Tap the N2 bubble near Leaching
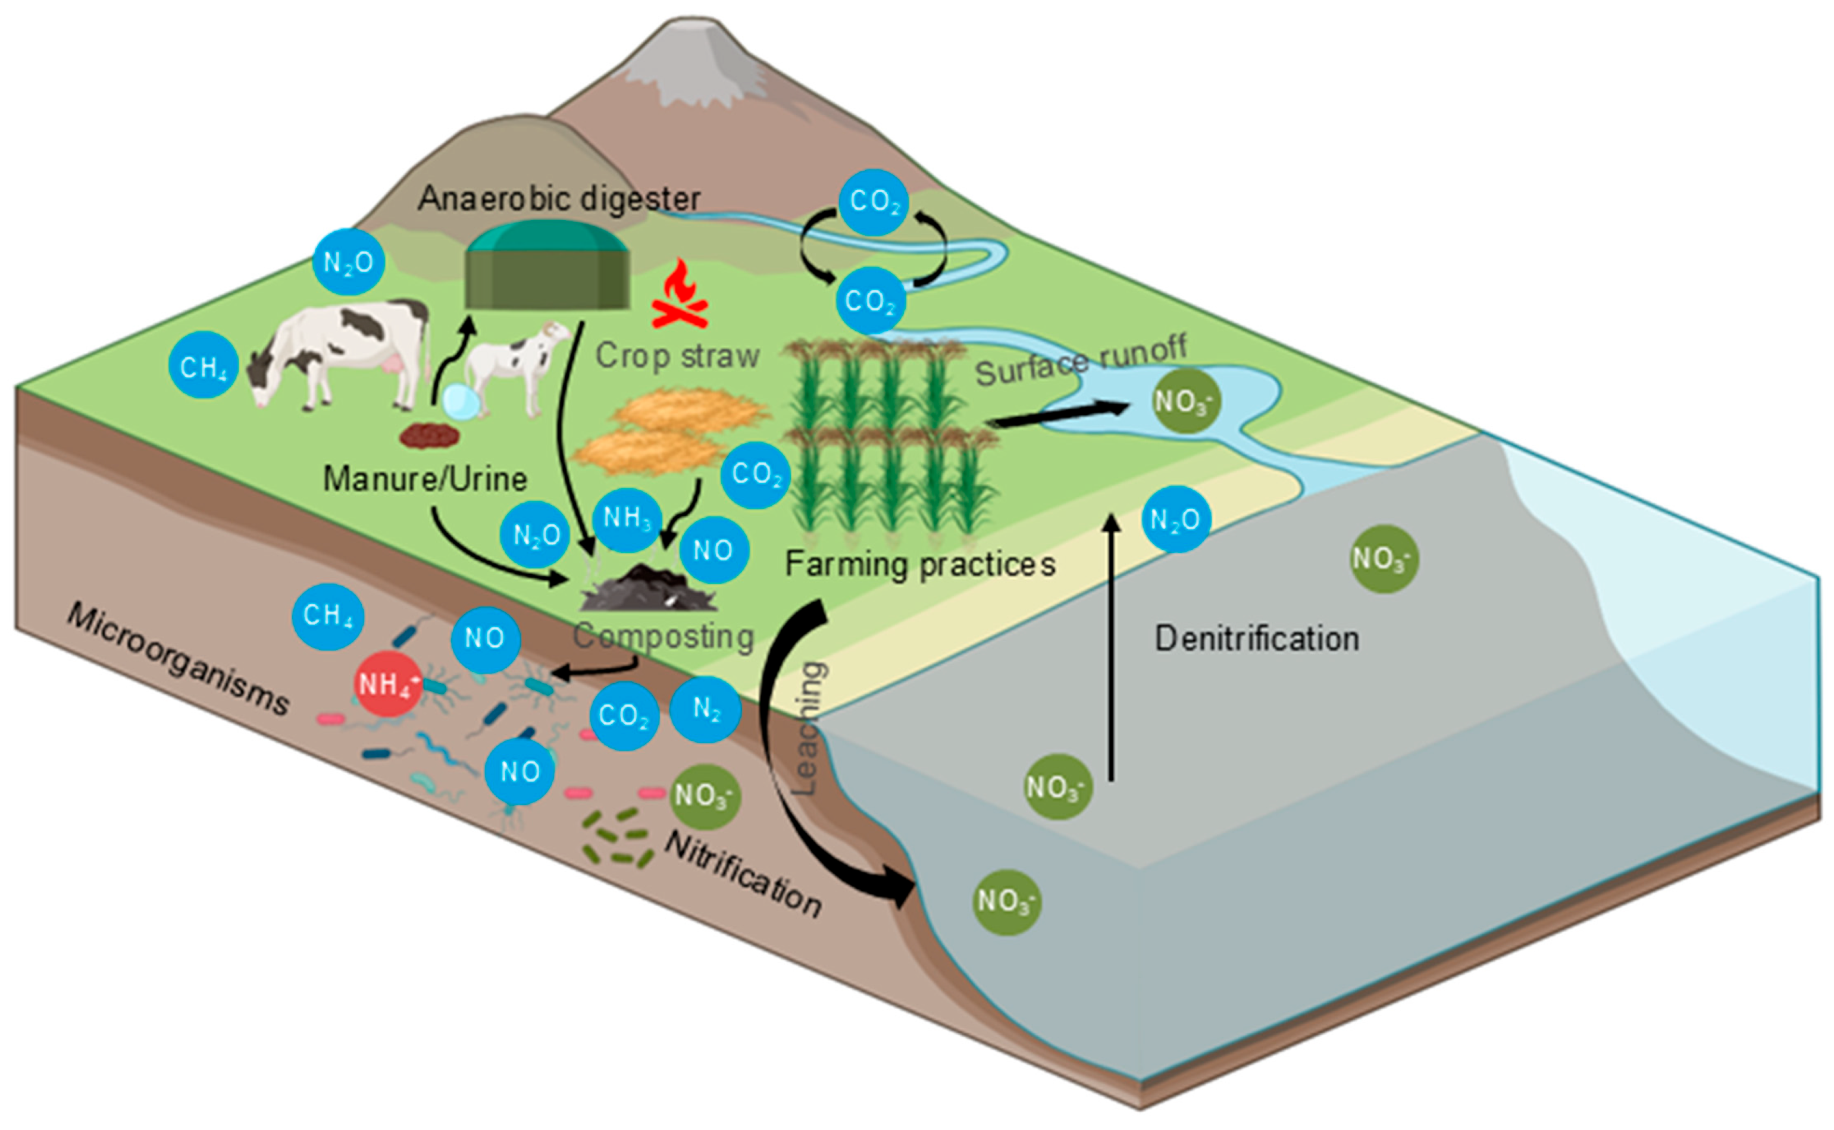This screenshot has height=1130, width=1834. [x=705, y=709]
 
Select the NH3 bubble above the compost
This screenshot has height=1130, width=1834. [x=626, y=518]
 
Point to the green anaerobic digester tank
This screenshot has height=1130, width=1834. [x=547, y=267]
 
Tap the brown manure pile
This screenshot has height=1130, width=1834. [x=428, y=435]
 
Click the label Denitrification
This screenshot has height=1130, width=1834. [x=1256, y=639]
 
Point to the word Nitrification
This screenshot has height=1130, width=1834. [x=744, y=874]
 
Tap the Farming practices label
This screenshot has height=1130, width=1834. [x=920, y=564]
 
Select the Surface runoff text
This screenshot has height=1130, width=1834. [x=1081, y=362]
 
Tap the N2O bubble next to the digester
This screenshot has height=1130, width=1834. [x=348, y=262]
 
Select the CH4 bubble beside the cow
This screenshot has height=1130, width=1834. [x=204, y=366]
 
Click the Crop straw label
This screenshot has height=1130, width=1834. [x=677, y=356]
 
